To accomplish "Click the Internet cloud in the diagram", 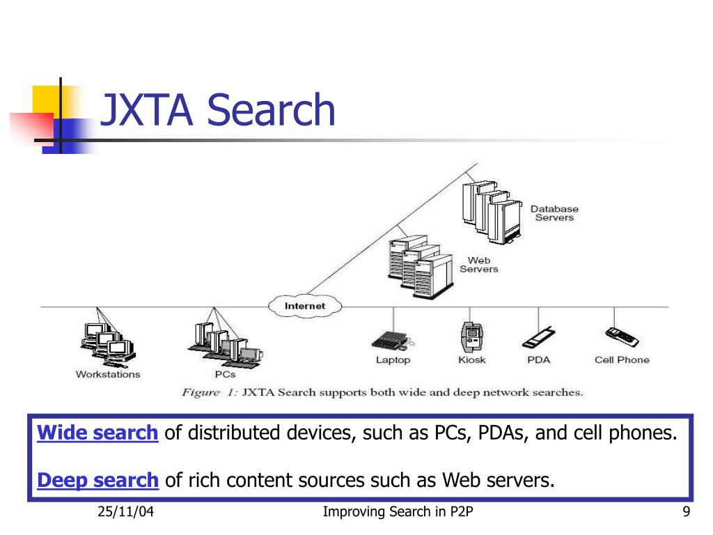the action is [x=305, y=306].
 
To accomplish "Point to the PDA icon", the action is [x=538, y=338].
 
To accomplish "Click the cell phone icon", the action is [x=622, y=337].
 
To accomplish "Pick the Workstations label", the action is [x=108, y=374].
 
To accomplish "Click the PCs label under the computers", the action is [x=225, y=374].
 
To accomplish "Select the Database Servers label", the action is [x=554, y=213].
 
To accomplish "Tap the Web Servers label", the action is [x=479, y=264].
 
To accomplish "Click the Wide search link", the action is [x=97, y=433].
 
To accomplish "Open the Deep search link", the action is [x=97, y=480].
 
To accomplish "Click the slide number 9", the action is [x=686, y=512].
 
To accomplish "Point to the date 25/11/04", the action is [x=125, y=512].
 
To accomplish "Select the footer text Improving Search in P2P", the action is [x=398, y=512].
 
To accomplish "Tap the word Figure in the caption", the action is [x=201, y=393].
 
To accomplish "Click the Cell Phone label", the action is [x=622, y=360].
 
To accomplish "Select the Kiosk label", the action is [x=472, y=360].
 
